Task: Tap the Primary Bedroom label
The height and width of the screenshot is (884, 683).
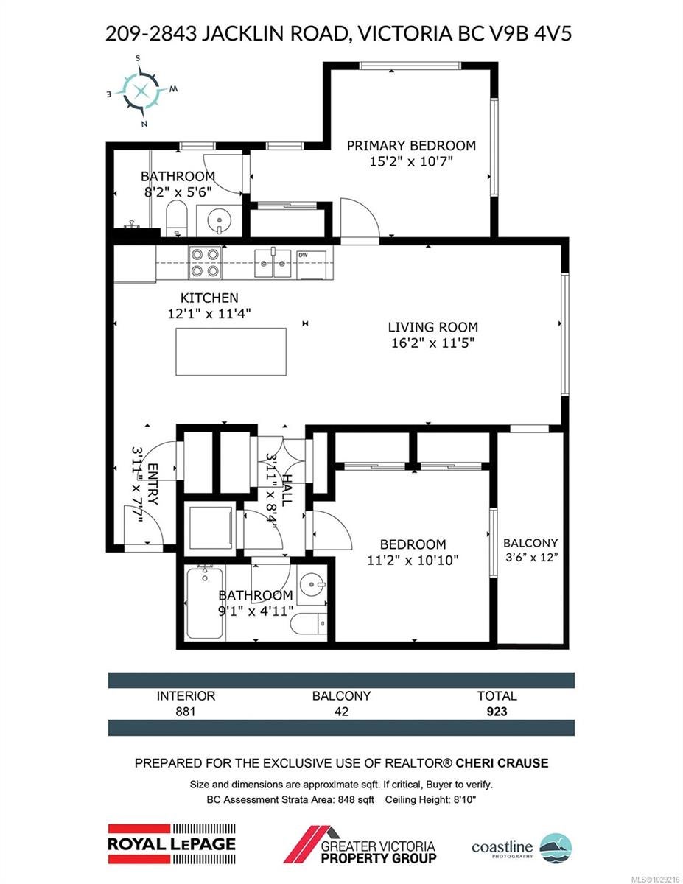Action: coord(411,145)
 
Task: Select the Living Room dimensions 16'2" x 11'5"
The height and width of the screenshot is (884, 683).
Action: coord(432,343)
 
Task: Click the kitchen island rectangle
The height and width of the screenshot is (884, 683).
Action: coord(231,351)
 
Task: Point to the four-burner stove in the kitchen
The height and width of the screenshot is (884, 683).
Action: coord(205,262)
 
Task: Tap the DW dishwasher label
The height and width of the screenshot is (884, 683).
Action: coord(303,256)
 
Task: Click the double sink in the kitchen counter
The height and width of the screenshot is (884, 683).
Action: coord(273,264)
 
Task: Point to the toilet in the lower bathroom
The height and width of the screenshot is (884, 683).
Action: coord(309,622)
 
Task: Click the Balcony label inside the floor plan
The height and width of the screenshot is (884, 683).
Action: coord(530,543)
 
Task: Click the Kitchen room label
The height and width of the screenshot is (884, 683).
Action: coord(209,298)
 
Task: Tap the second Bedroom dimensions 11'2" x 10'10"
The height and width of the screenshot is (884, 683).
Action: coord(413,560)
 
